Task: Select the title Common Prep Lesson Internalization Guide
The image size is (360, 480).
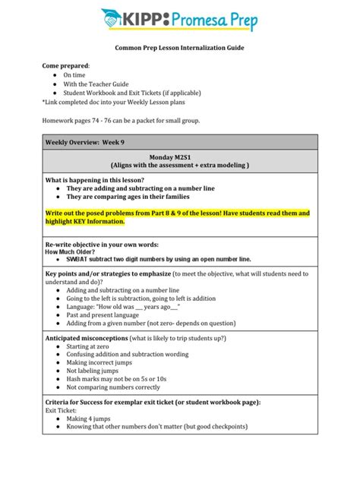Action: (x=180, y=48)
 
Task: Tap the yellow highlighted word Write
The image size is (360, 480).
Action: (x=55, y=213)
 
